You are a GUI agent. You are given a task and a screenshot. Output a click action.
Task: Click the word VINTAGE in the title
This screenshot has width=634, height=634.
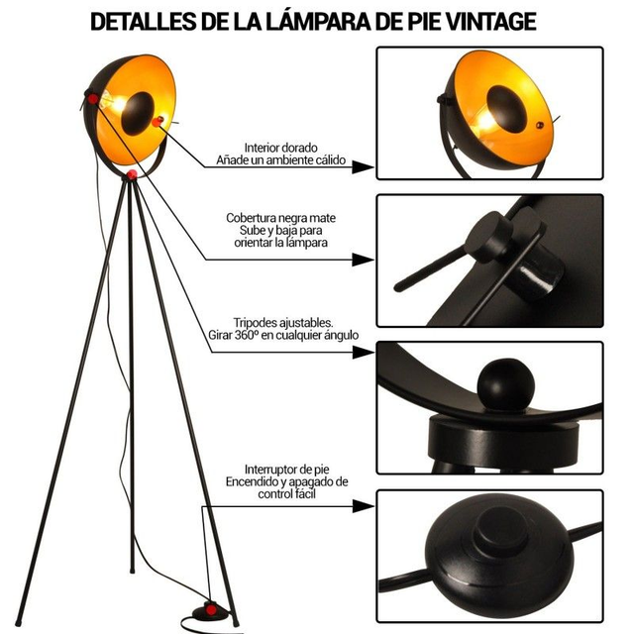pyautogui.click(x=491, y=22)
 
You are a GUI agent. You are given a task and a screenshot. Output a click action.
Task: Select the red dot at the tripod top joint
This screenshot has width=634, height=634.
pyautogui.click(x=132, y=175)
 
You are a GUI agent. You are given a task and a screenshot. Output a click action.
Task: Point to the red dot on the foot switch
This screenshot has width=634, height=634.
pyautogui.click(x=211, y=610)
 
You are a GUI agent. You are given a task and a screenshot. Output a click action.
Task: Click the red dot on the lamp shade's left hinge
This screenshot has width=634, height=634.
pyautogui.click(x=92, y=99)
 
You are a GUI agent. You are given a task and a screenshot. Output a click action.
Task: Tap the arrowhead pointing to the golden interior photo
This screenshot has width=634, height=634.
pyautogui.click(x=363, y=166)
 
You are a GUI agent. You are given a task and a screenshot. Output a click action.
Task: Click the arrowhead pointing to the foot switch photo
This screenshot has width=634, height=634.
pyautogui.click(x=363, y=506)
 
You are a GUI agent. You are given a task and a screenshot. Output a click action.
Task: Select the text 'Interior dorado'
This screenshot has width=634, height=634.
pyautogui.click(x=280, y=148)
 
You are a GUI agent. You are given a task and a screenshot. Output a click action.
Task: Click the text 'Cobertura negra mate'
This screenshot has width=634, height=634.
pyautogui.click(x=280, y=218)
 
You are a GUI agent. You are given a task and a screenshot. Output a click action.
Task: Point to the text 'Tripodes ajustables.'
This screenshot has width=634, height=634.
pyautogui.click(x=283, y=323)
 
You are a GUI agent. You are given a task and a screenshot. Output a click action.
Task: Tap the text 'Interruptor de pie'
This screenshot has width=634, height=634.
pyautogui.click(x=286, y=470)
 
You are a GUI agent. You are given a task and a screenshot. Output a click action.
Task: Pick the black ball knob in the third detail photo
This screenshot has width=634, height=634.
pyautogui.click(x=506, y=384)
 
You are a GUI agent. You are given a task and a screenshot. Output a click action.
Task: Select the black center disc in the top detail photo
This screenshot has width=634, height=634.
pyautogui.click(x=507, y=108)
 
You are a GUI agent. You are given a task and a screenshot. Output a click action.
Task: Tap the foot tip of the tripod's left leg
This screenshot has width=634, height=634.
pyautogui.click(x=18, y=622)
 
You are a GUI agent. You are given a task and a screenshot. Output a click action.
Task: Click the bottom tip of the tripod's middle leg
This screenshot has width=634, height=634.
pyautogui.click(x=132, y=571)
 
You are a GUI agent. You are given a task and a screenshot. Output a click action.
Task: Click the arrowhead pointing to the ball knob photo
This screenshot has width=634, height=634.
pyautogui.click(x=363, y=353)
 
